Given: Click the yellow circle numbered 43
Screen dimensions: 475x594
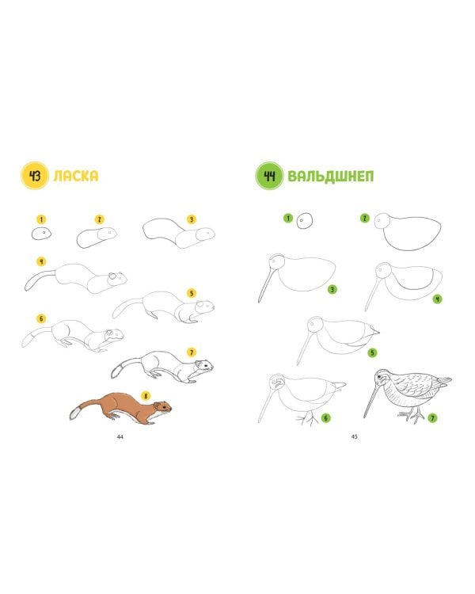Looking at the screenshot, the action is [x=35, y=175].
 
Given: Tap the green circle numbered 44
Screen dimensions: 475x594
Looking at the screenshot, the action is [x=269, y=175].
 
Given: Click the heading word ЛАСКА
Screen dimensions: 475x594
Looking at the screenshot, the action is [x=76, y=176].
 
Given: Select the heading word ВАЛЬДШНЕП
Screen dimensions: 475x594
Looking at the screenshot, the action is [x=331, y=176].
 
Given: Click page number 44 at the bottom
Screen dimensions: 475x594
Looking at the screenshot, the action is [x=120, y=436].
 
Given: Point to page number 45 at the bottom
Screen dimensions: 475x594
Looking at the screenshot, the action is [x=354, y=436].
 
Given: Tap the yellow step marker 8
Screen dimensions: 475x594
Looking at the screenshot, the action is [x=146, y=396].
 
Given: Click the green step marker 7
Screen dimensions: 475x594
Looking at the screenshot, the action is [x=432, y=418].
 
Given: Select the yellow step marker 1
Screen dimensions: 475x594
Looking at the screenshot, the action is [x=41, y=219].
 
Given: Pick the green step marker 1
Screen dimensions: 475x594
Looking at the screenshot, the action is [x=288, y=218].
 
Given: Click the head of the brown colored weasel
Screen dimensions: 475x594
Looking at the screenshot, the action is [x=163, y=408].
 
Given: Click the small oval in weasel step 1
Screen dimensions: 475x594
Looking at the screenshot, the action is [x=41, y=234].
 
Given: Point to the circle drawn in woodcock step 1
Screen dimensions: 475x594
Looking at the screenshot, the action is [x=305, y=220].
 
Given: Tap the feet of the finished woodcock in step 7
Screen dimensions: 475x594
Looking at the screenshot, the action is [x=411, y=416].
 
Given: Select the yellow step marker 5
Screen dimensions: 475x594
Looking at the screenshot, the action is [x=192, y=293].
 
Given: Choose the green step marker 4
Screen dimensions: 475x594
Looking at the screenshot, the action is [x=438, y=299].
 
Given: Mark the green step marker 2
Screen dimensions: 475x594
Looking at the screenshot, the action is [x=364, y=218].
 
